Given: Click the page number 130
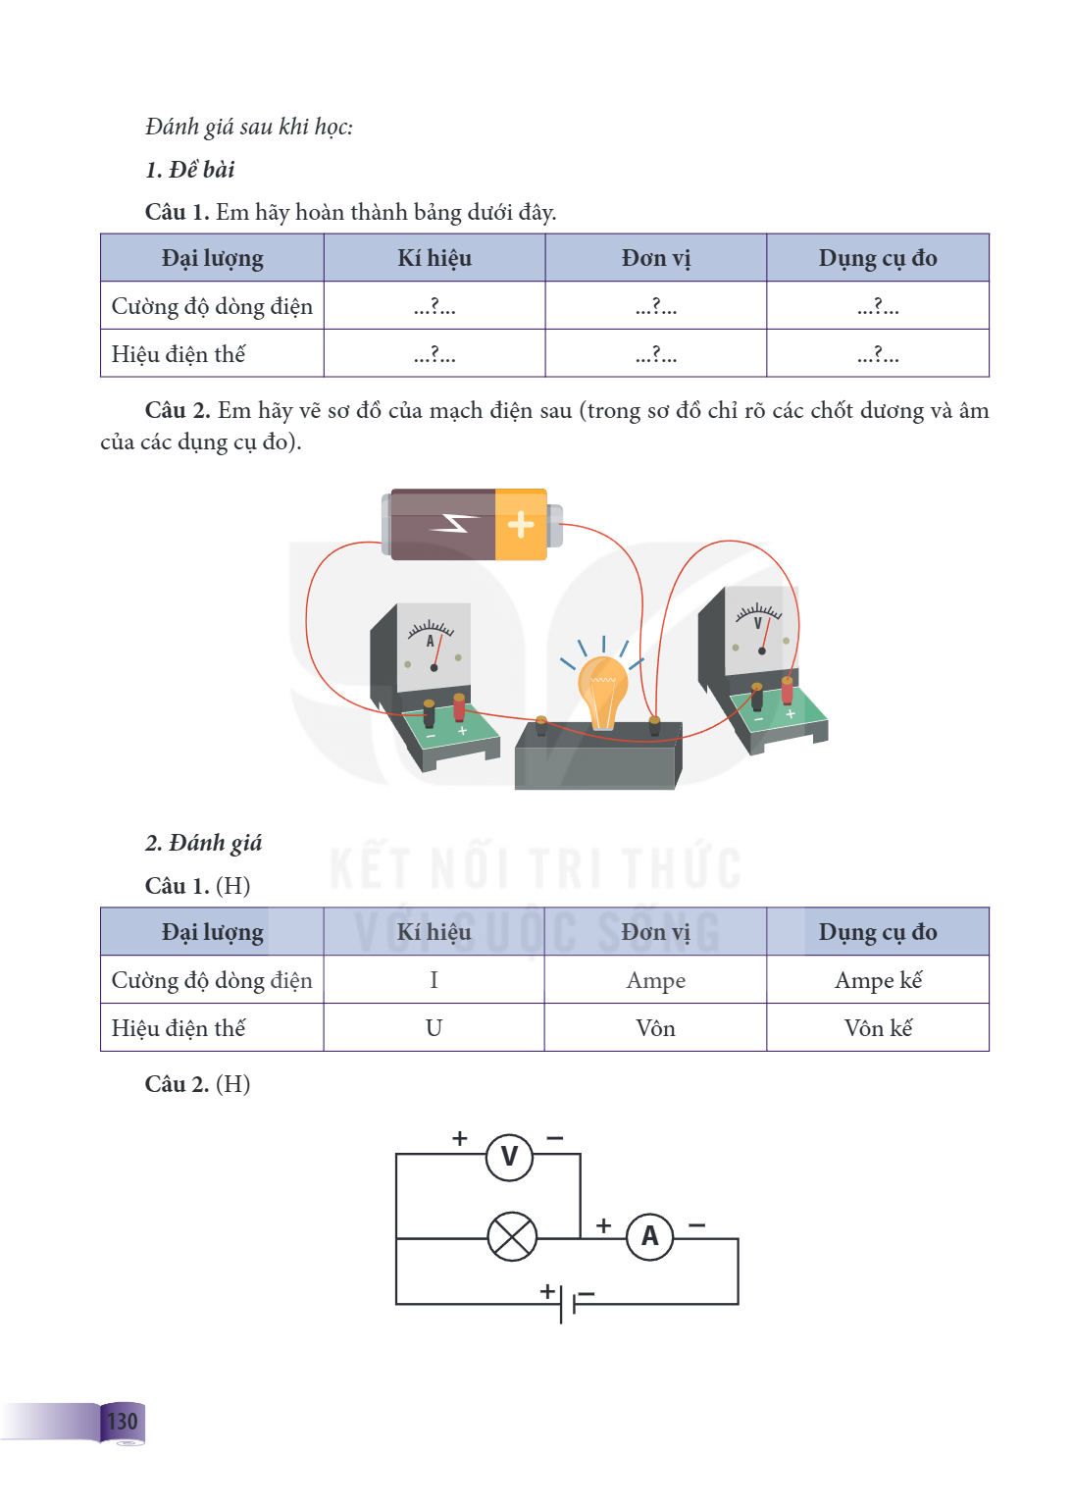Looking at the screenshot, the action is point(123,1421).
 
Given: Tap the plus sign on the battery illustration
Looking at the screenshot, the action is point(521,525).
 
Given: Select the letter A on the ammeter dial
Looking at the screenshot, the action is point(430,641).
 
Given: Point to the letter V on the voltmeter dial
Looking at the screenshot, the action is point(757,623).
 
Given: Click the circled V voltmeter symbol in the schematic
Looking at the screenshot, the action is point(509,1157).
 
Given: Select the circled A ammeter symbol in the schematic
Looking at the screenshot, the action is point(649,1236).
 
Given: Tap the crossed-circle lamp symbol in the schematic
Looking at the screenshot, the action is point(512,1236).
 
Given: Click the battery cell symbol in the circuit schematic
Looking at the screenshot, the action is point(567,1304).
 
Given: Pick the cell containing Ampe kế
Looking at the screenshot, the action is point(877,979).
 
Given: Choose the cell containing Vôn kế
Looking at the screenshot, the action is point(877,1027).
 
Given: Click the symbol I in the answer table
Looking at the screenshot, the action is point(434,980).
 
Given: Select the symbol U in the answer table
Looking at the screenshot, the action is point(434,1028).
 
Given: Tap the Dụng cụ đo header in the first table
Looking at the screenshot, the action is point(877,258).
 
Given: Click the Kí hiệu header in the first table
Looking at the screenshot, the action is point(434,258).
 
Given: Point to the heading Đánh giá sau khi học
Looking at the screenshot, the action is point(249,127).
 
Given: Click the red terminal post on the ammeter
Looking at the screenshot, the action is point(459,707).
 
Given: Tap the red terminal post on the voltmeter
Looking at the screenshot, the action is point(787,691).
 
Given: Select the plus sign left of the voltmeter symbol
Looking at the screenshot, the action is point(459,1138).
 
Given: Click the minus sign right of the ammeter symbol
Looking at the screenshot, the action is point(697,1225).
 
